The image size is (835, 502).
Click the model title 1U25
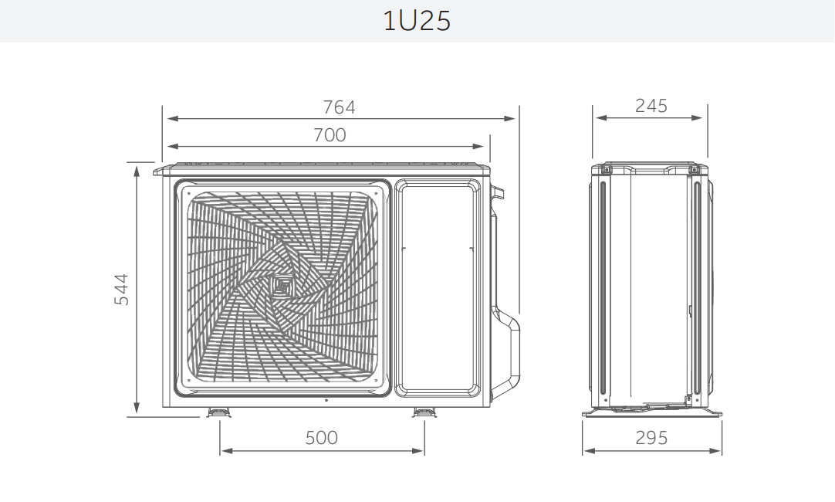[417, 21]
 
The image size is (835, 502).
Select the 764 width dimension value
[339, 107]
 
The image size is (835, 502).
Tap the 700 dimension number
[330, 135]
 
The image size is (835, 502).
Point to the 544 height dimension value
[122, 290]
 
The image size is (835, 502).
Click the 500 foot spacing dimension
[321, 438]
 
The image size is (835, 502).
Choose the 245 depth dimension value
[651, 106]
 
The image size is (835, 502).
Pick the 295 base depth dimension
[651, 438]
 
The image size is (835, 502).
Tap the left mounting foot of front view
[219, 413]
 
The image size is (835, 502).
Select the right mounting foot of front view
[424, 413]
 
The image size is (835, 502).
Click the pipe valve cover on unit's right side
[505, 340]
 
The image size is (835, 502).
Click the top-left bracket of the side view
[606, 169]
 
